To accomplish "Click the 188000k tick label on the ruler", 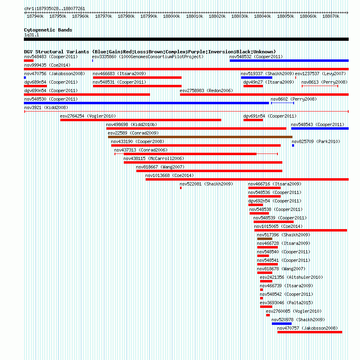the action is (172, 16).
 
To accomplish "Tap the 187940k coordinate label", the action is (35, 16).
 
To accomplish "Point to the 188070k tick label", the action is (331, 16).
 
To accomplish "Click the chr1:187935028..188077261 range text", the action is (55, 8).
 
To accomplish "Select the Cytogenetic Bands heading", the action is (48, 30).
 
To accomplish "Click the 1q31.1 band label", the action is (32, 35).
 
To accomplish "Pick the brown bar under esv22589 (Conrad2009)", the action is (200, 137).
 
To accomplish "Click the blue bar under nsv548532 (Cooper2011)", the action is (289, 61).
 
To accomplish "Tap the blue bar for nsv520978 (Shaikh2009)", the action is (282, 324).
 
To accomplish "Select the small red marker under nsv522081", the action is (181, 188).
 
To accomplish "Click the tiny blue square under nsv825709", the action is (293, 145).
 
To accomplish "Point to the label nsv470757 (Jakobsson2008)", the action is (307, 328).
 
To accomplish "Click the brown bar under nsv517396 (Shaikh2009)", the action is (265, 239).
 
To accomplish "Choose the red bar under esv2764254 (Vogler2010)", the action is (141, 120).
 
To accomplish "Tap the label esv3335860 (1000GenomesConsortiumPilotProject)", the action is (148, 57).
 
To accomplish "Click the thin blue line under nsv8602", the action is (282, 103).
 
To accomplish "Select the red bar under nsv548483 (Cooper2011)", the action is (29, 61).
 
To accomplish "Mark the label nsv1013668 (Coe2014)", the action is (169, 176).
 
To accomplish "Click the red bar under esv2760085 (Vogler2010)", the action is (268, 315).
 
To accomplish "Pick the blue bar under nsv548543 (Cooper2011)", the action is (320, 128).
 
